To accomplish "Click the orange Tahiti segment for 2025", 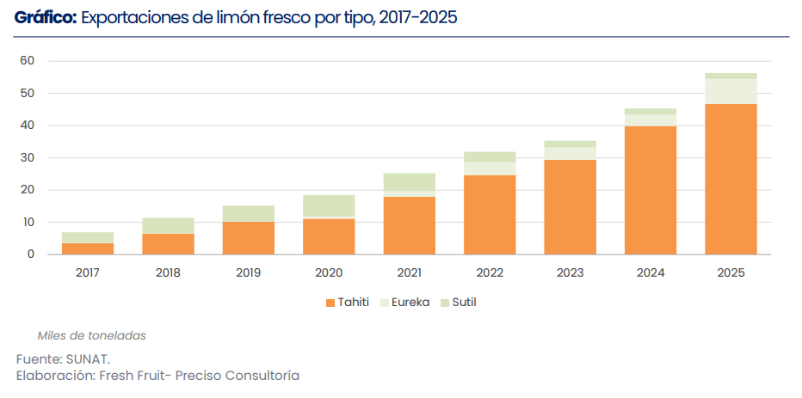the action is [x=731, y=180].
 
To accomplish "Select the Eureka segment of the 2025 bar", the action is [x=731, y=91].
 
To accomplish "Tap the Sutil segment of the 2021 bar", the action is [x=410, y=182].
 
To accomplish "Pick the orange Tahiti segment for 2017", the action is [x=88, y=248].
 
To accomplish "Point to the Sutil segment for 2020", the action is [x=329, y=206].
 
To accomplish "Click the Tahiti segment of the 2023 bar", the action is [x=571, y=207].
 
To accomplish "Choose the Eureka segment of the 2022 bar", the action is [x=490, y=169].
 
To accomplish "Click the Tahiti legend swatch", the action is [x=330, y=303].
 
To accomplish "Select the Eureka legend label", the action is [x=410, y=302].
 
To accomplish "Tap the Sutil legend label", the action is [x=465, y=302].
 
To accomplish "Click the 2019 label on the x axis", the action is [x=249, y=272].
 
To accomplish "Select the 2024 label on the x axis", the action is [x=651, y=272].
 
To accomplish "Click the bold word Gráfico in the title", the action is [x=46, y=18].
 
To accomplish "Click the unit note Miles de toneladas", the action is [x=91, y=335].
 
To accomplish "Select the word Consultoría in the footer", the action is [x=262, y=376].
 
